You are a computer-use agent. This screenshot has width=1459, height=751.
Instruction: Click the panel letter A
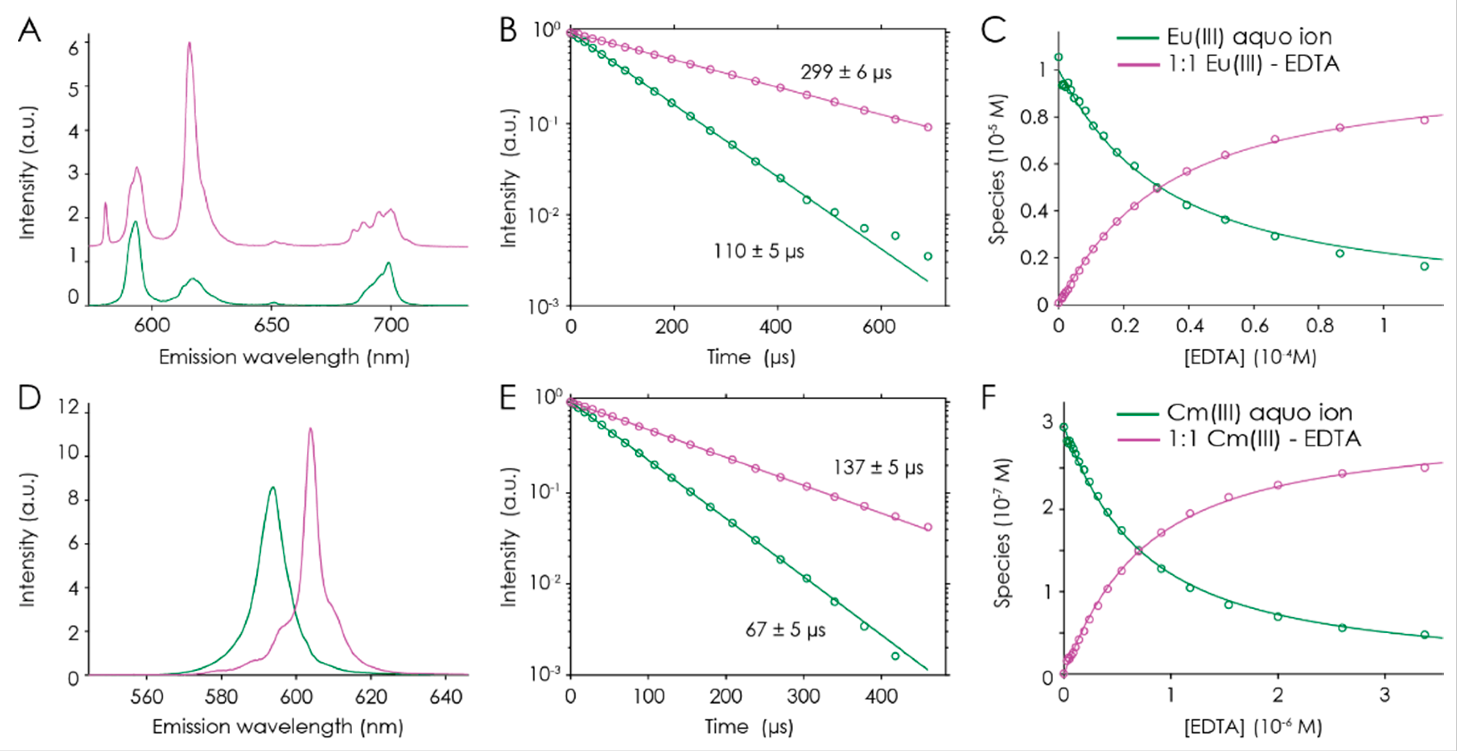[x=29, y=30]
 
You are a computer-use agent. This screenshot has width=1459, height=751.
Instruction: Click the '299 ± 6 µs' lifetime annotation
[x=845, y=73]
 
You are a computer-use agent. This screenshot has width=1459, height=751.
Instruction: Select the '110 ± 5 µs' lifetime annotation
[x=758, y=251]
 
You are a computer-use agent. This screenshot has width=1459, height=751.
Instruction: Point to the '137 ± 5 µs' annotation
[x=878, y=468]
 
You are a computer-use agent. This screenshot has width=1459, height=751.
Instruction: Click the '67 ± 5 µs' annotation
[x=785, y=630]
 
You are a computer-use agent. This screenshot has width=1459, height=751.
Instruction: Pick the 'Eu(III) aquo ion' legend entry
[x=1249, y=37]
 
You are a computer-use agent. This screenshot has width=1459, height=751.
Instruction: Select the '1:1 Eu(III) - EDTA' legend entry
[x=1254, y=64]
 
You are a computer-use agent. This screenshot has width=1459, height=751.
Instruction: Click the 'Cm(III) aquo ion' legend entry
[x=1259, y=413]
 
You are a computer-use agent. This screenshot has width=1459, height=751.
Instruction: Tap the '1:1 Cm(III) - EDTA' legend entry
[x=1264, y=439]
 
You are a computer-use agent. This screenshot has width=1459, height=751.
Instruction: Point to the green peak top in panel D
[x=273, y=487]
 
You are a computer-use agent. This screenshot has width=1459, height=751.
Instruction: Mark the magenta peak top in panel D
[x=310, y=429]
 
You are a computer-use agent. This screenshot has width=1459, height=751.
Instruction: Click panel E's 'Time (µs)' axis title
[x=749, y=726]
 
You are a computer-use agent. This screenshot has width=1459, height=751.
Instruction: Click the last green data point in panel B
[x=928, y=256]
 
